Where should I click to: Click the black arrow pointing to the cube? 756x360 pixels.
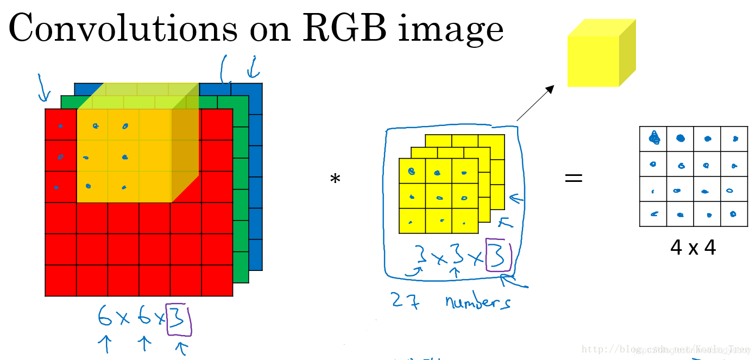535,103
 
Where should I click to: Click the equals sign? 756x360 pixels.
574,178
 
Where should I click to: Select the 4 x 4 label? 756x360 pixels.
693,248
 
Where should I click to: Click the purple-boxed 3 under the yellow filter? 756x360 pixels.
499,255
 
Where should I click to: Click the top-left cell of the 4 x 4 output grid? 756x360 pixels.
653,139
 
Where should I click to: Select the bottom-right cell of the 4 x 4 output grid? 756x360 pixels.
734,214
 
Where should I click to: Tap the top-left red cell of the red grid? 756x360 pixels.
60,124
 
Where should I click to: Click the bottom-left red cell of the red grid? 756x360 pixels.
60,281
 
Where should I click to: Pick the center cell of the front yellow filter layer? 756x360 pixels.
438,196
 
